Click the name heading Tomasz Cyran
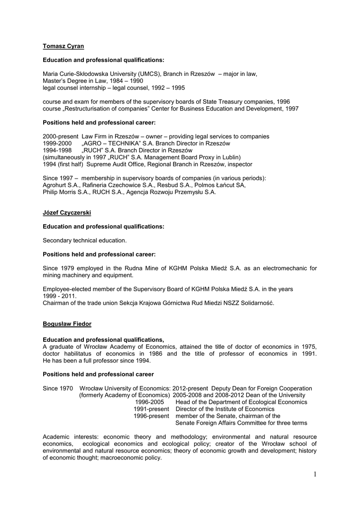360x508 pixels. click(x=63, y=46)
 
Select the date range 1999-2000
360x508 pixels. click(x=58, y=143)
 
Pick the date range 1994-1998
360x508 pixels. click(x=58, y=150)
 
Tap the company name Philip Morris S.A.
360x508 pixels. click(x=64, y=192)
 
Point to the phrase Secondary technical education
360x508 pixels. click(x=85, y=240)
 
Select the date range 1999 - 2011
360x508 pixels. click(x=62, y=296)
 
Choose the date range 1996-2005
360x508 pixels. click(x=149, y=402)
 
